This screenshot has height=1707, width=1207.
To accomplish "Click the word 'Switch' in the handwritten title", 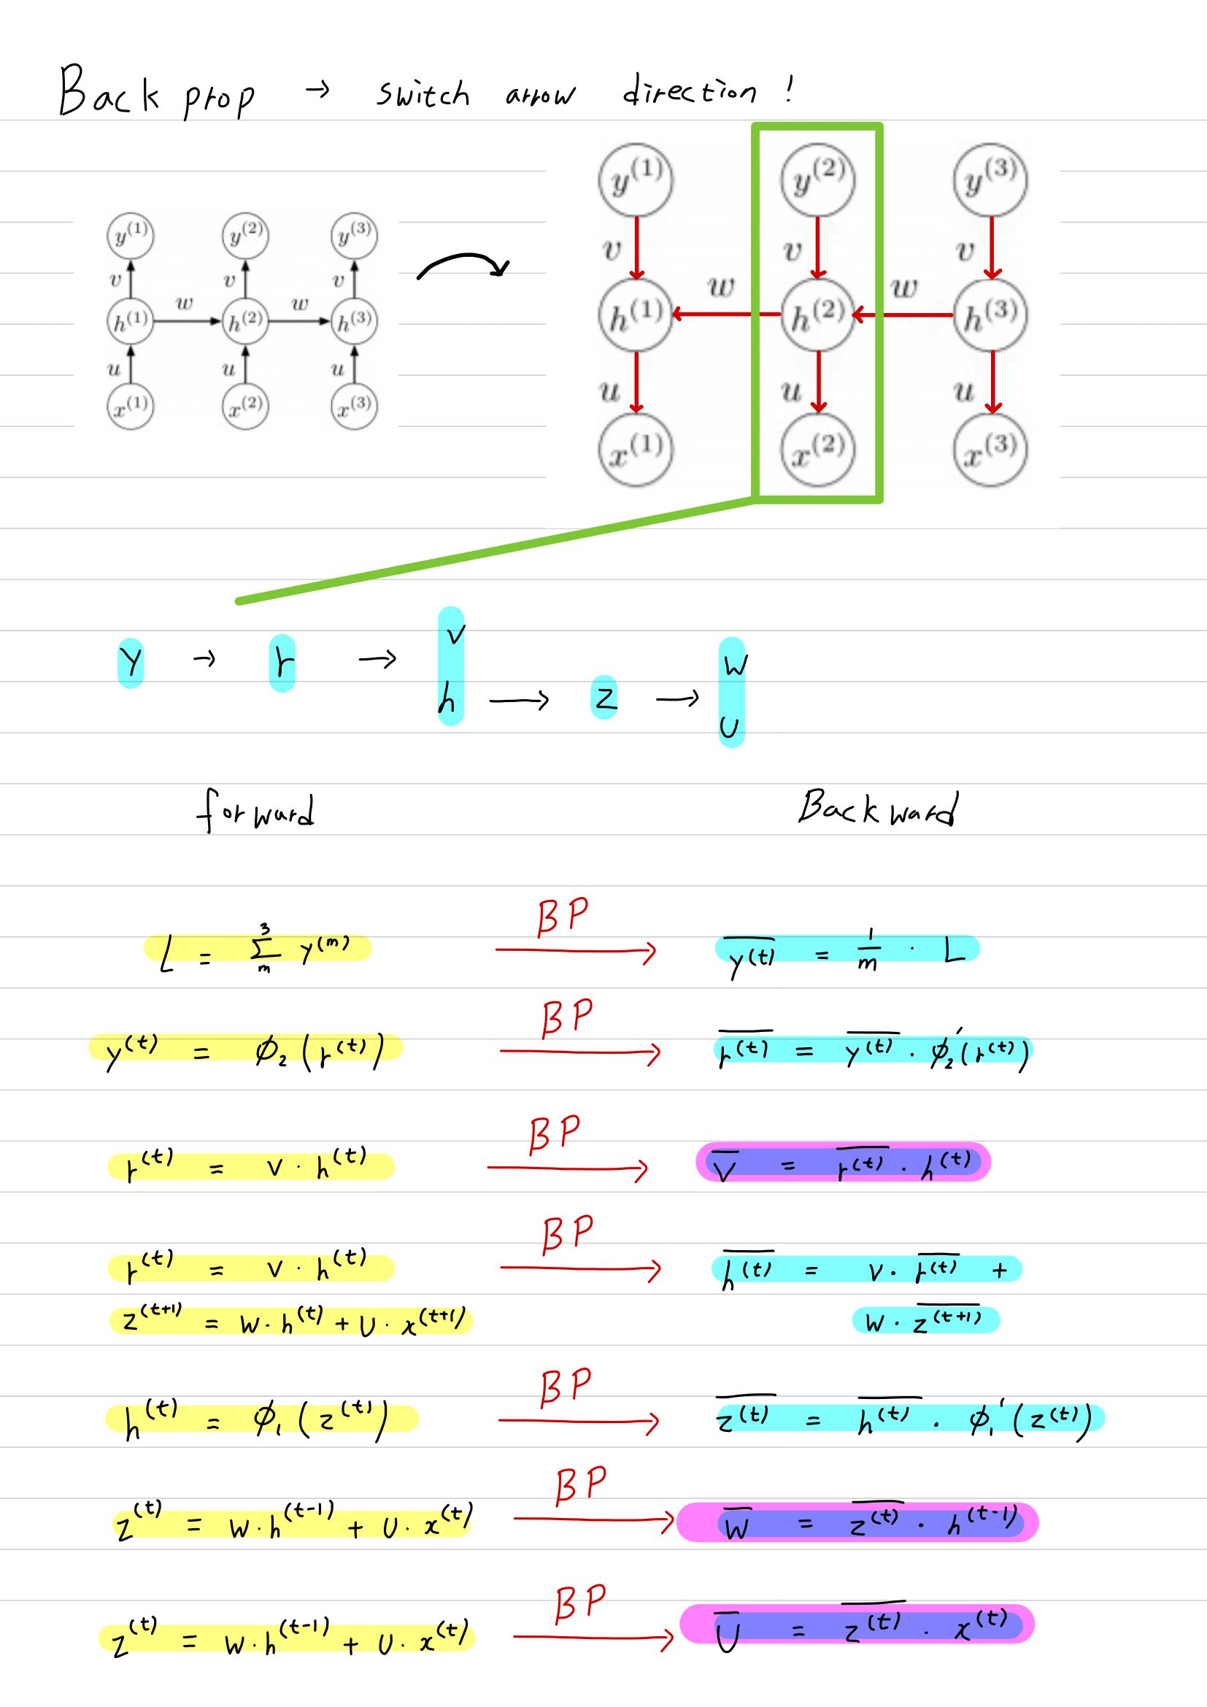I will click(422, 94).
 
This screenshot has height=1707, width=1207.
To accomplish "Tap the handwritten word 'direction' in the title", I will click(689, 91).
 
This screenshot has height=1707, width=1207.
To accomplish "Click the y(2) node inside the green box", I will click(817, 180).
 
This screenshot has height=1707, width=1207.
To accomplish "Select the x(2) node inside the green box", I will click(817, 449).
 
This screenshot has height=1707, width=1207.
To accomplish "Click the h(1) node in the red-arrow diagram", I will click(636, 315).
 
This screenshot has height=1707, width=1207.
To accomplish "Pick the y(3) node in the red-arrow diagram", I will click(990, 180).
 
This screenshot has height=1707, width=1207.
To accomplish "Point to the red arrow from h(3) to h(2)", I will click(903, 315).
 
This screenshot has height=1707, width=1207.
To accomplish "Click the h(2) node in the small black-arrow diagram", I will click(244, 321).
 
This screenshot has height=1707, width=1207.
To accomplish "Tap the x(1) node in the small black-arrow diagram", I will click(130, 406).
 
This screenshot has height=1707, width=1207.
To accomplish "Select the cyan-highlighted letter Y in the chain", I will click(131, 662).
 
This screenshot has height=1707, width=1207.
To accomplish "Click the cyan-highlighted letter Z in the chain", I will click(605, 698).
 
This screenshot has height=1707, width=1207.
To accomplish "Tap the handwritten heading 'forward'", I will click(255, 811).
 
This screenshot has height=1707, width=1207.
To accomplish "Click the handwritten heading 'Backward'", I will click(877, 809).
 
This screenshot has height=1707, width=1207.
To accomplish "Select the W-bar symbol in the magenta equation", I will click(736, 1525).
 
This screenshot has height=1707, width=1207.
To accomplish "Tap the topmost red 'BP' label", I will click(563, 916).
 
